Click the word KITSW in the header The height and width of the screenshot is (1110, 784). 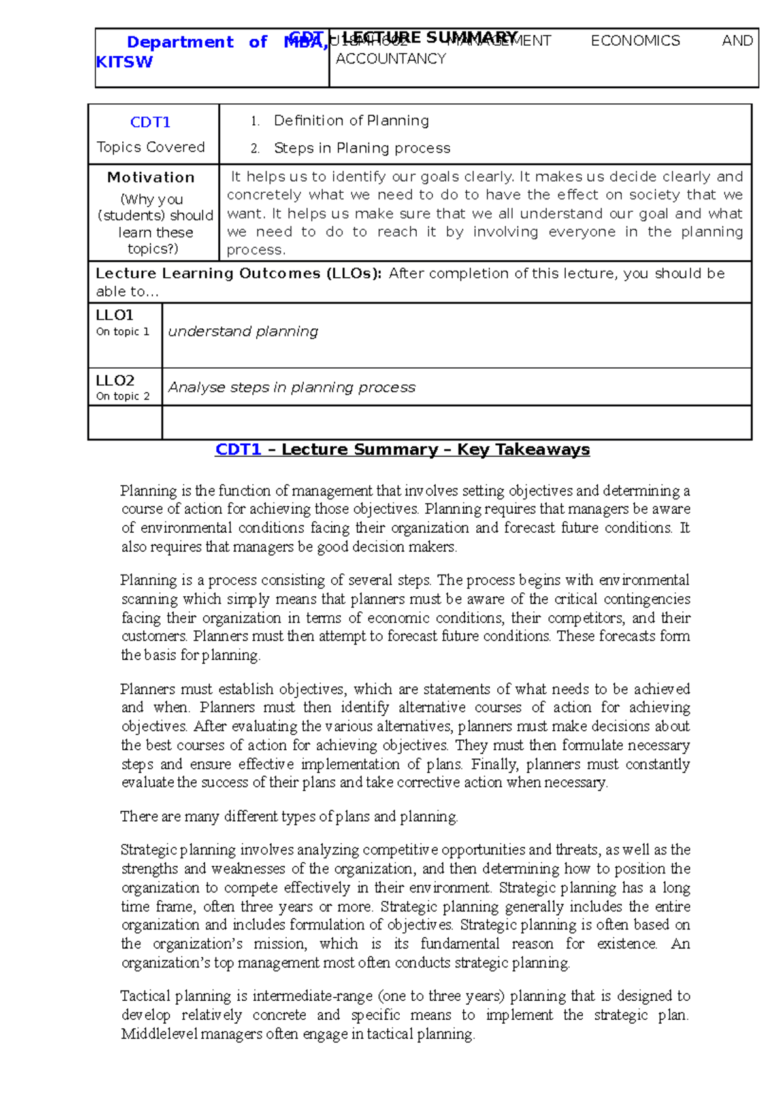(124, 62)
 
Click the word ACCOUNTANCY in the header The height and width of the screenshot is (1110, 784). (391, 59)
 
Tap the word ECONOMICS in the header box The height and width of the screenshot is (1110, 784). (635, 41)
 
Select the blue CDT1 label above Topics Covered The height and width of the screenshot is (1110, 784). (150, 122)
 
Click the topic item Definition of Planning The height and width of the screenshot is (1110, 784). (351, 120)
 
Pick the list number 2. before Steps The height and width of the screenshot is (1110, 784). (255, 148)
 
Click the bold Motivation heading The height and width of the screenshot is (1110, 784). (151, 177)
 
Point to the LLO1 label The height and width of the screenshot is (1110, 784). (114, 315)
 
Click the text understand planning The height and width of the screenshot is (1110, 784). (243, 331)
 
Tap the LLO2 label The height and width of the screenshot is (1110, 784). (115, 380)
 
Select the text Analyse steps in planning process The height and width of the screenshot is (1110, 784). (291, 388)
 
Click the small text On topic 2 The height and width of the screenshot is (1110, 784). (123, 396)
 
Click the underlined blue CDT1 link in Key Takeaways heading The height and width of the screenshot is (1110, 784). (238, 450)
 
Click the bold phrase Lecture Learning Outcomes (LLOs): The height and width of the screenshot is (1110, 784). (238, 273)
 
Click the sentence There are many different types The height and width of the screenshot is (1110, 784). (289, 816)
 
